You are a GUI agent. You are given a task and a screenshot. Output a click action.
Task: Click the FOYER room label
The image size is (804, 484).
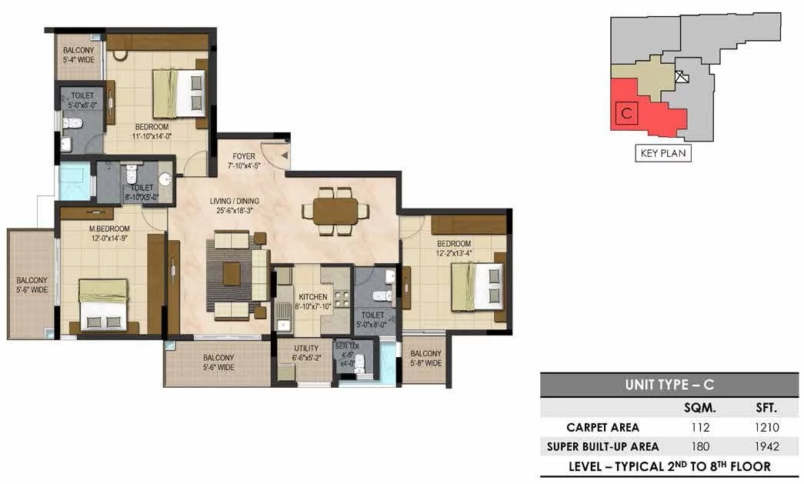[x=244, y=156]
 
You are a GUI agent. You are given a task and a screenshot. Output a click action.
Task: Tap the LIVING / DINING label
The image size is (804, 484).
[x=235, y=201]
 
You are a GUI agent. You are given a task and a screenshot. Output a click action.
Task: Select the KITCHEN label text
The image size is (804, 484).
[x=313, y=297]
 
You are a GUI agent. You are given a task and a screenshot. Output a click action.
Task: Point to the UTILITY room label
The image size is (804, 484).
[x=306, y=348]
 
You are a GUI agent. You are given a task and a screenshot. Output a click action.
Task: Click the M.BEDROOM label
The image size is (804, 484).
[x=110, y=229]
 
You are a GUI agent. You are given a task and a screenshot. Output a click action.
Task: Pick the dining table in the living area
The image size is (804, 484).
[x=335, y=212]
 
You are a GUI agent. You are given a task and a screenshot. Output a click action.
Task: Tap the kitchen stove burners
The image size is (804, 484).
[x=342, y=299]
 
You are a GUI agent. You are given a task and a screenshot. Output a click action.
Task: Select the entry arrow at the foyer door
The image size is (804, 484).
[x=284, y=155]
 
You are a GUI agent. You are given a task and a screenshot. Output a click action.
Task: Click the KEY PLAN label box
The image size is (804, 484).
[x=663, y=153]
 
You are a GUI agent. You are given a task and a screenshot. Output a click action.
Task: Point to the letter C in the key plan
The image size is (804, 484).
[x=626, y=113]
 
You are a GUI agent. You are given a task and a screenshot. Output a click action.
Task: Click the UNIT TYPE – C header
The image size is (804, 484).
[x=669, y=385]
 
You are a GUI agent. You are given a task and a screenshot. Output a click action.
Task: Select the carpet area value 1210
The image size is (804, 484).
[x=766, y=427]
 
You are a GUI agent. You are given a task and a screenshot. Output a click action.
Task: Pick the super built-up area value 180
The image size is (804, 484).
[x=700, y=446]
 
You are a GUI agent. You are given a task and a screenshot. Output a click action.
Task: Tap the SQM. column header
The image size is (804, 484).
[x=700, y=408]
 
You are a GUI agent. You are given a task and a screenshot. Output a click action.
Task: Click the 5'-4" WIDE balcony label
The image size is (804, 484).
[x=79, y=59]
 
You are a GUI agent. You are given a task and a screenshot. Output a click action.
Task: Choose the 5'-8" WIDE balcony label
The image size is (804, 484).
[x=425, y=363]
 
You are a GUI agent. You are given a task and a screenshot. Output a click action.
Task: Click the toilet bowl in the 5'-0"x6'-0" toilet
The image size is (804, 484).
[x=72, y=123]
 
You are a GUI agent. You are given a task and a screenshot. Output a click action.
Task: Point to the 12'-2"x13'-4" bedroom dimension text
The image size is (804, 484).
[x=454, y=253]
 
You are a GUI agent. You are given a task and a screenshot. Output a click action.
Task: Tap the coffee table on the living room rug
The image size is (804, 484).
[x=232, y=274]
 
